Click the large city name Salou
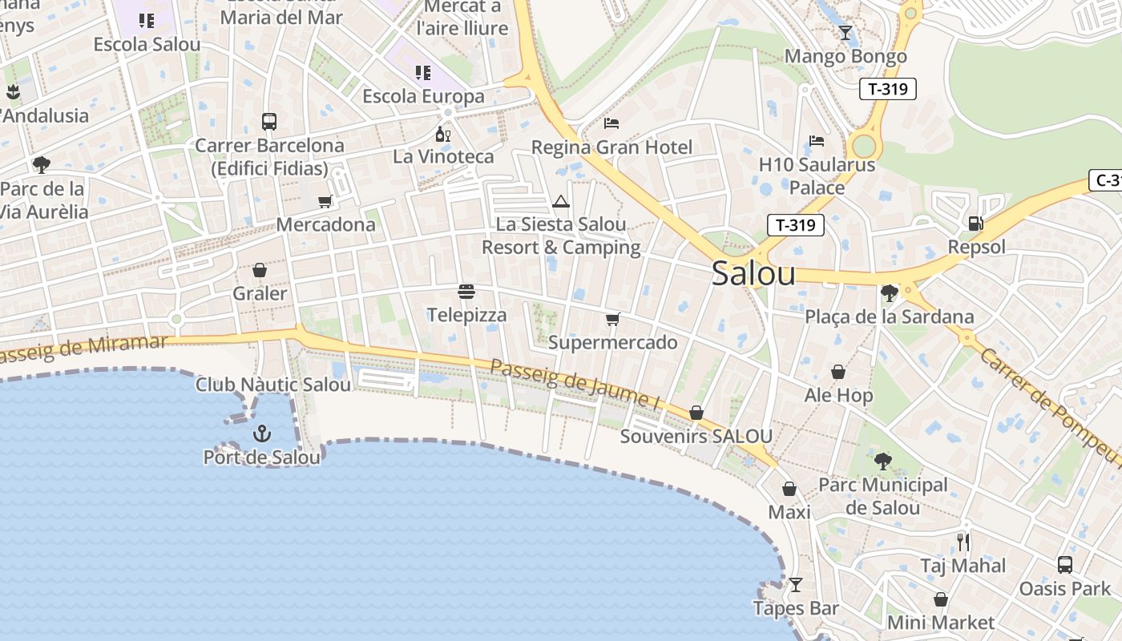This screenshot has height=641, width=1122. [753, 274]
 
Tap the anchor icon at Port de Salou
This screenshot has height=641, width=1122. [262, 433]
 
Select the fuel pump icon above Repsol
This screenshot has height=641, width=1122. [975, 224]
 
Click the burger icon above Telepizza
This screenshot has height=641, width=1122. [466, 291]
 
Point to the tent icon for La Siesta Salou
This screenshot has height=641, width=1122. [561, 201]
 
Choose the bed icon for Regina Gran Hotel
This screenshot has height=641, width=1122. [611, 123]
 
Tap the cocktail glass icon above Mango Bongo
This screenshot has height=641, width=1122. [845, 33]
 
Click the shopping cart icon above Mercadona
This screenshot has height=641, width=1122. [325, 201]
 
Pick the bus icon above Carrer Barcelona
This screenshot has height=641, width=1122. [269, 122]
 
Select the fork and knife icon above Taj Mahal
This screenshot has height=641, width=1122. [963, 542]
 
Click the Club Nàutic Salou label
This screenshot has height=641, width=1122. [273, 385]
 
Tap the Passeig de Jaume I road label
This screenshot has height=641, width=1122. [575, 385]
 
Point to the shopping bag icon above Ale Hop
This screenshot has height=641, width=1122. [838, 372]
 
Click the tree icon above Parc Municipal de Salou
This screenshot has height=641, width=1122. [882, 461]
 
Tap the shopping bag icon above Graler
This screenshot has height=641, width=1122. [259, 270]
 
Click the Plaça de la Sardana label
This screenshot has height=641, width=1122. [890, 316]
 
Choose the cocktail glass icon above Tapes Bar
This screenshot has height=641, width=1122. [795, 585]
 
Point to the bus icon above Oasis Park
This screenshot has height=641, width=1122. [1064, 565]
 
